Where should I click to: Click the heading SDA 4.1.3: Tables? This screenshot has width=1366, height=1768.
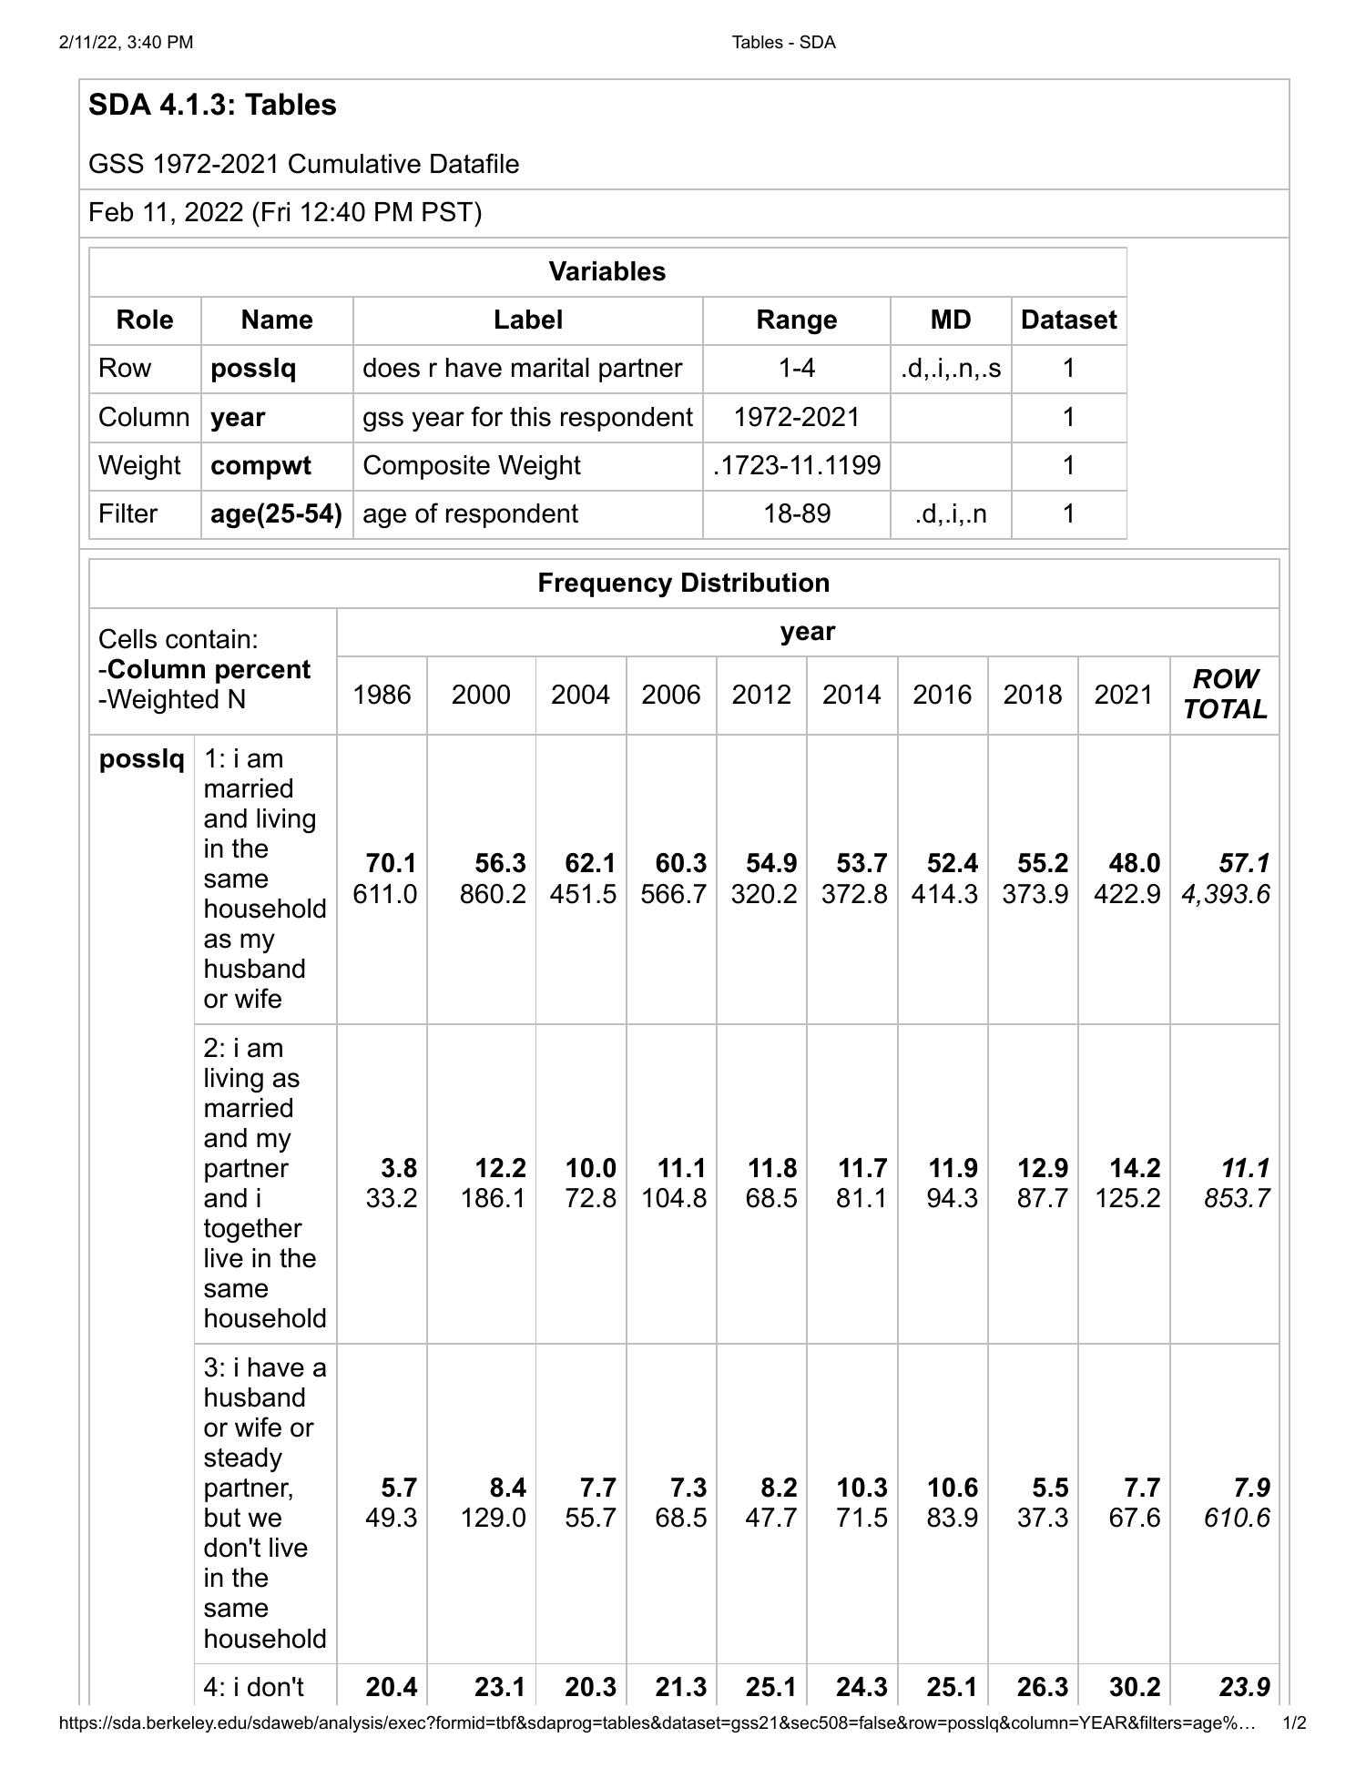pos(212,105)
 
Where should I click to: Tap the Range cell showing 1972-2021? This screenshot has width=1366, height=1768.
pos(796,417)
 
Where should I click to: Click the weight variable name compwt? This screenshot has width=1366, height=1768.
pos(260,465)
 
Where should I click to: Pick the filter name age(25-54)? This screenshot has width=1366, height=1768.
pos(276,513)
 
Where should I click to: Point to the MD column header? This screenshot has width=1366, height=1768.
pos(950,320)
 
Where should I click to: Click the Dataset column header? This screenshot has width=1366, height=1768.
pos(1067,320)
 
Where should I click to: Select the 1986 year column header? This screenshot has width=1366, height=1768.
pos(382,695)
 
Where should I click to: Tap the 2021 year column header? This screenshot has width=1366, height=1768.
pos(1123,695)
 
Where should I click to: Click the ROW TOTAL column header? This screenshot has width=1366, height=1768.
pos(1224,694)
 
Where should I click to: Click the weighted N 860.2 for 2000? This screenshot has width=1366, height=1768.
pos(492,894)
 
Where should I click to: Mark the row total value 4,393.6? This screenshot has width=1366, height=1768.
pos(1225,894)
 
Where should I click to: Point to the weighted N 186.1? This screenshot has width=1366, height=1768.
pos(492,1198)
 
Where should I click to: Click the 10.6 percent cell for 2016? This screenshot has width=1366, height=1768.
pos(952,1487)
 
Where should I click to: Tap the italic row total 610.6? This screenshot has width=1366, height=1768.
pos(1236,1518)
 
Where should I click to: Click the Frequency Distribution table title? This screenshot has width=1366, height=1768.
pos(683,583)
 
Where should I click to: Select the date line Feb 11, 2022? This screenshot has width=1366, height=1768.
pos(284,212)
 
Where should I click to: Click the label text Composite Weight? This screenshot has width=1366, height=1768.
pos(471,465)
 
